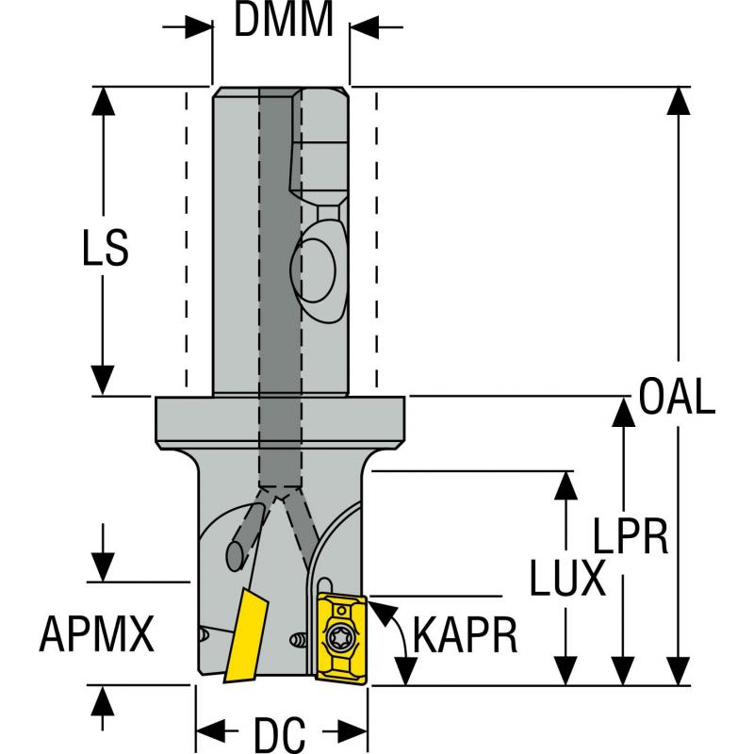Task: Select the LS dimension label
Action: coord(103,252)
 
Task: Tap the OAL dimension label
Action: coord(677,397)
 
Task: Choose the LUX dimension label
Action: coord(566,577)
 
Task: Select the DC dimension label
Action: coord(280,731)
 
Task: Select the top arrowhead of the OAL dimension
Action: coord(677,100)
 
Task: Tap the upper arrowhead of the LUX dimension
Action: coord(565,482)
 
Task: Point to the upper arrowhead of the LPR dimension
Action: coord(622,409)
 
